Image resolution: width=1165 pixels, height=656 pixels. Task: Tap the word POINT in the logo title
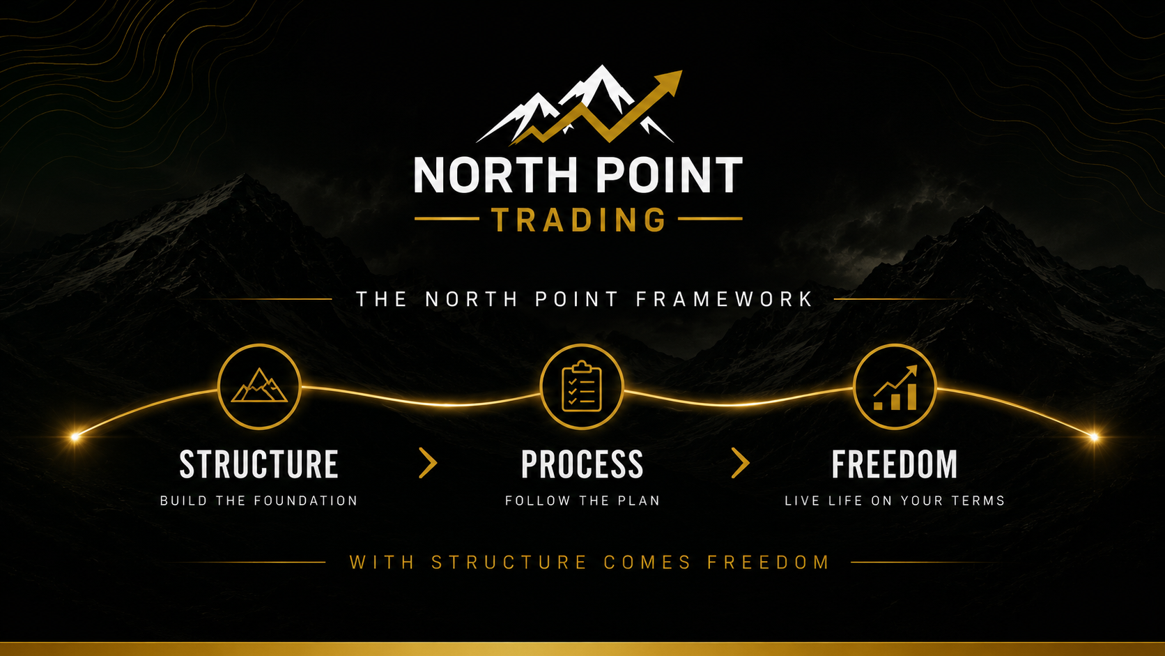pos(670,175)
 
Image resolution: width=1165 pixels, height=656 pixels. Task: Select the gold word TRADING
pos(578,220)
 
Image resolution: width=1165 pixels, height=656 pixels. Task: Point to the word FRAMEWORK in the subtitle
pos(725,299)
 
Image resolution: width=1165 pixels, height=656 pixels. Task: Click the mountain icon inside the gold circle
pos(259,386)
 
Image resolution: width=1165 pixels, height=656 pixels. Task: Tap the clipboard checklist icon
pos(582,386)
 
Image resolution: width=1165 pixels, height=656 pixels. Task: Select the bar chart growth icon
pos(895,388)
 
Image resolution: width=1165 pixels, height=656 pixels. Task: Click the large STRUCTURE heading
pos(259,464)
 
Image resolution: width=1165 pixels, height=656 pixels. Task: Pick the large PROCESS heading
pos(582,464)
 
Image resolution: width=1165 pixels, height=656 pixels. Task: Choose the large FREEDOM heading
pos(895,464)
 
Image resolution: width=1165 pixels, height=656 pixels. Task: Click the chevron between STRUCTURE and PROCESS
pos(428,462)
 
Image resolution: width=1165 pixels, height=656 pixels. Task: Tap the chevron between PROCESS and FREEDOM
pos(741,462)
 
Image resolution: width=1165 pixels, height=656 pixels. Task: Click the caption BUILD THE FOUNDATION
pos(259,501)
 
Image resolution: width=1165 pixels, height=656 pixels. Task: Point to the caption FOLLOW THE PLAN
pos(582,501)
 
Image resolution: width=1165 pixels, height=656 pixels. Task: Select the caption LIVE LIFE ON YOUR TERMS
pos(895,501)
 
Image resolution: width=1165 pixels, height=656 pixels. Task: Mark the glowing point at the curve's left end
pos(75,436)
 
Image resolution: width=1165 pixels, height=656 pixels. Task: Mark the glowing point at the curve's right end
pos(1094,436)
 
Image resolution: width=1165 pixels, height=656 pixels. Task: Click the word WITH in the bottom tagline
pos(383,563)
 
